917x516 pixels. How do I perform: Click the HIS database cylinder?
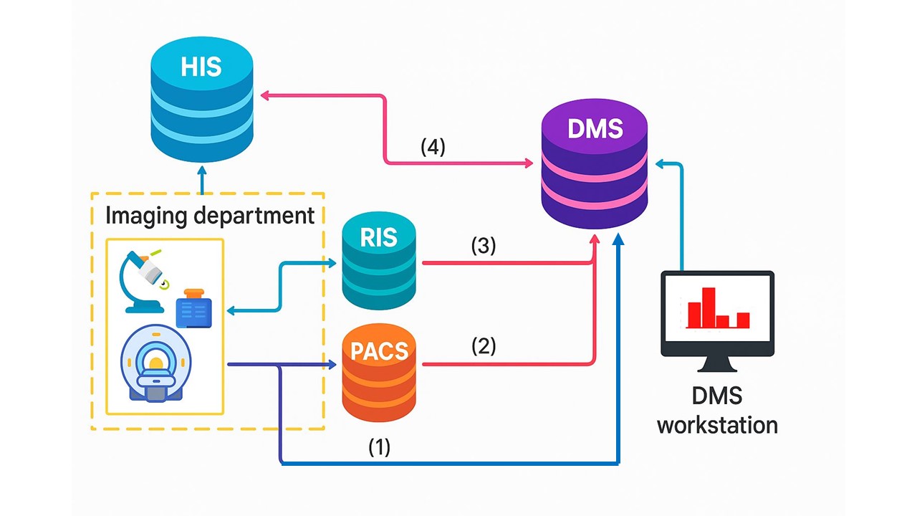pyautogui.click(x=202, y=100)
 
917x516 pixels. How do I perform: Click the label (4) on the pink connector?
pyautogui.click(x=433, y=148)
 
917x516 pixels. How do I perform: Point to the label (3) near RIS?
pyautogui.click(x=484, y=246)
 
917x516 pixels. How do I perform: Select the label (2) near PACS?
pyautogui.click(x=484, y=346)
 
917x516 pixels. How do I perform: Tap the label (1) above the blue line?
pyautogui.click(x=379, y=447)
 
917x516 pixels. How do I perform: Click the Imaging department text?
pyautogui.click(x=210, y=215)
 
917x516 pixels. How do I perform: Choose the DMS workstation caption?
pyautogui.click(x=717, y=410)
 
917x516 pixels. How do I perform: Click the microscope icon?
pyautogui.click(x=143, y=279)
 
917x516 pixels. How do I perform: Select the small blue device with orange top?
pyautogui.click(x=193, y=308)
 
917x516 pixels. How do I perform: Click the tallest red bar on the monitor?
pyautogui.click(x=709, y=307)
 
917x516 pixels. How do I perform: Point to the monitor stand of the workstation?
pyautogui.click(x=717, y=364)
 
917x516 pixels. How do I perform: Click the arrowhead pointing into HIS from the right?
pyautogui.click(x=264, y=95)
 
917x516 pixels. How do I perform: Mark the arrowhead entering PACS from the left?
pyautogui.click(x=332, y=365)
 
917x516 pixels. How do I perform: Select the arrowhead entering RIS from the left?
pyautogui.click(x=332, y=263)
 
